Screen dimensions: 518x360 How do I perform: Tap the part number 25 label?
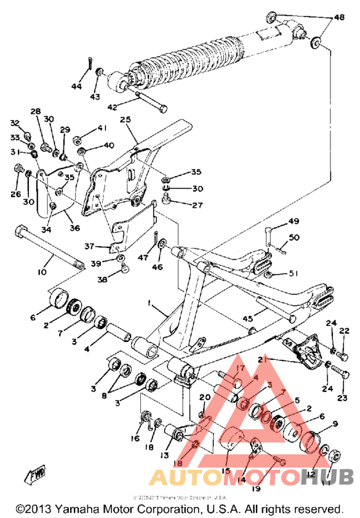pos(125,120)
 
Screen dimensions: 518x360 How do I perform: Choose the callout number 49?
pos(293,222)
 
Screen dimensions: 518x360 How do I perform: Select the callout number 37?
pos(90,246)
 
